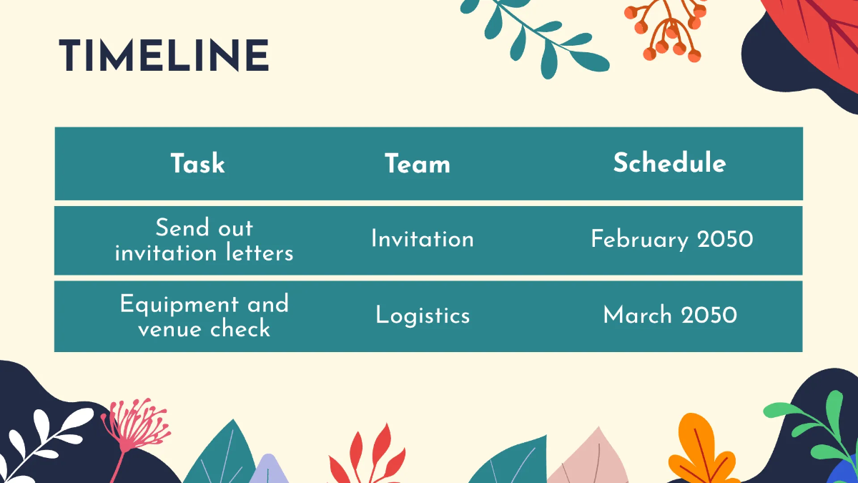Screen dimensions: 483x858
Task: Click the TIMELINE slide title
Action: click(164, 56)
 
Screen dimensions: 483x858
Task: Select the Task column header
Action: click(197, 164)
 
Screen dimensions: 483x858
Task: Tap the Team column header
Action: click(418, 164)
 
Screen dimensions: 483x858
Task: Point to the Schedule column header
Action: click(669, 163)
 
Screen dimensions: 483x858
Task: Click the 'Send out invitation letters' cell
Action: click(204, 240)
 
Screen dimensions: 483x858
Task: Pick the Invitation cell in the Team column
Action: click(422, 239)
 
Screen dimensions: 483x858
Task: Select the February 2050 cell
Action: click(671, 239)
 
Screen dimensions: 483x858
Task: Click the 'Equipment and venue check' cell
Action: click(204, 316)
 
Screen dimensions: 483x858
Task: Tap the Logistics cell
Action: click(423, 316)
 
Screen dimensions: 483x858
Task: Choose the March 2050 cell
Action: click(670, 315)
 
